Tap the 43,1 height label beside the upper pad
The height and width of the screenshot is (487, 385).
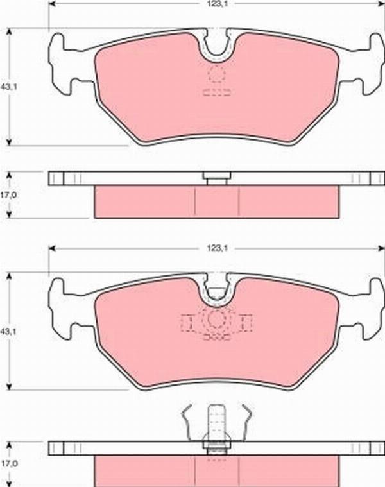[x=9, y=87]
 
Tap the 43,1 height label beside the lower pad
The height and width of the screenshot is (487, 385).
[x=9, y=331]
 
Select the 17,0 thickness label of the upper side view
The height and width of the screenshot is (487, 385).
[x=9, y=195]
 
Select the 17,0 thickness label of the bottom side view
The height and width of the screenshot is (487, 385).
[x=9, y=464]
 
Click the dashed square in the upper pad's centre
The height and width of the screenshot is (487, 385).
[x=217, y=74]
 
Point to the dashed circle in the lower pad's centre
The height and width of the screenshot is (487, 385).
[x=216, y=320]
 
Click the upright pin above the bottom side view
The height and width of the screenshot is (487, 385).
[x=216, y=422]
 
